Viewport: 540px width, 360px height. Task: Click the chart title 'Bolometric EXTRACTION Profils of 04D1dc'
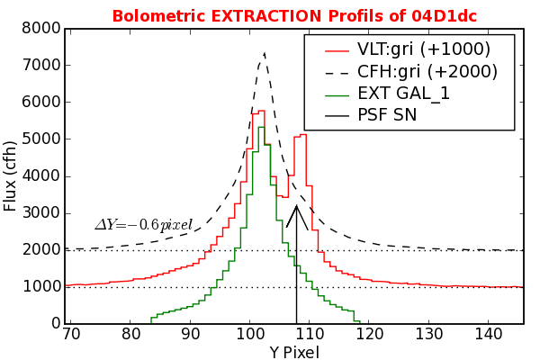coord(293,16)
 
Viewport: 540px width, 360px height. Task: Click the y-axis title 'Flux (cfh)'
coord(11,176)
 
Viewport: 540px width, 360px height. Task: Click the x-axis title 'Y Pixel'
coord(294,353)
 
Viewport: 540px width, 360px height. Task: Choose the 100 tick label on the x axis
coord(249,335)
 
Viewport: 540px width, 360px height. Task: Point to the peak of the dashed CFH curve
coord(264,52)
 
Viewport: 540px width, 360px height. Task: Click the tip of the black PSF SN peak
coord(296,206)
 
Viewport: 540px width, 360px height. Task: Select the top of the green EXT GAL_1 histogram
coord(261,127)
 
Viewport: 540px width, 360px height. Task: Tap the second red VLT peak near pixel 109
coord(303,135)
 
